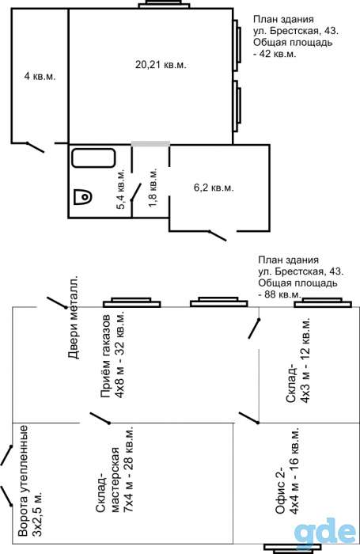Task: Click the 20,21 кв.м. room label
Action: click(x=161, y=65)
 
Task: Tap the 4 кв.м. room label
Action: click(x=40, y=76)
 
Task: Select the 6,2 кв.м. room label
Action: click(x=214, y=188)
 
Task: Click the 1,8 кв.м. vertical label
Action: click(x=153, y=188)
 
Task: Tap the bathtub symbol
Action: click(x=93, y=158)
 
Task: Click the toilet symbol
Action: click(x=83, y=196)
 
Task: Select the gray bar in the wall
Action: click(x=150, y=143)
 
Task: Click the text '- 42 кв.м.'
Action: click(x=275, y=54)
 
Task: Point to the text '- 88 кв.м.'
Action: click(x=280, y=294)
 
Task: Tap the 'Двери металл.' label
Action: click(x=74, y=317)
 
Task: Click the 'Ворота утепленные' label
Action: click(x=23, y=481)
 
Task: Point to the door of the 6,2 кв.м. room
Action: click(x=218, y=236)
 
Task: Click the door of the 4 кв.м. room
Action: click(x=36, y=147)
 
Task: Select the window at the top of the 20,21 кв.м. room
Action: click(x=163, y=4)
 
